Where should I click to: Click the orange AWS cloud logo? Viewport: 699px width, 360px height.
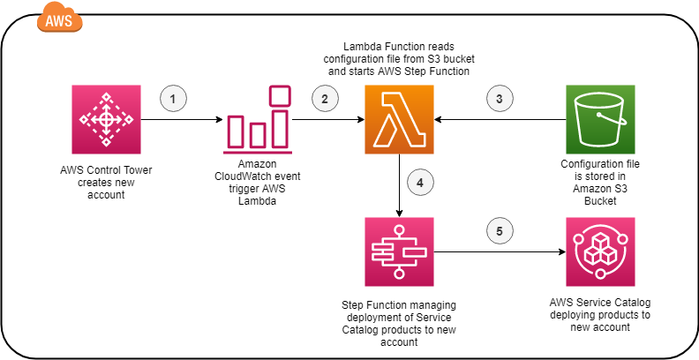click(x=59, y=19)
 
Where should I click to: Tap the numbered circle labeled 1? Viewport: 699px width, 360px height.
click(x=173, y=98)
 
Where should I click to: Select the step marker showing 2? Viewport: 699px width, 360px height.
click(x=325, y=98)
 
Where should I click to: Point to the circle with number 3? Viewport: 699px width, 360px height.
click(x=500, y=98)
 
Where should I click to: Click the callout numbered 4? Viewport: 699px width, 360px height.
click(x=420, y=182)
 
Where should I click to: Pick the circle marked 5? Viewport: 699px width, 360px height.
click(x=500, y=230)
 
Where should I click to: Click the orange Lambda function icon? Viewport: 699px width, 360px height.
click(x=399, y=119)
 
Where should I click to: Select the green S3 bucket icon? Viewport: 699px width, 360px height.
click(x=600, y=119)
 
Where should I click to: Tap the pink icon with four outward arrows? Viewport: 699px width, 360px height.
click(x=106, y=119)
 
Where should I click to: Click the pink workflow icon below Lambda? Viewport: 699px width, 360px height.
click(x=399, y=251)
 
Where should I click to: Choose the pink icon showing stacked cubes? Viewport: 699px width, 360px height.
click(x=600, y=251)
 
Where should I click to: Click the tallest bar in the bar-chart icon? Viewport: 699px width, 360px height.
click(x=280, y=129)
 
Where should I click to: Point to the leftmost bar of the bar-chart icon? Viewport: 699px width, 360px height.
click(x=236, y=131)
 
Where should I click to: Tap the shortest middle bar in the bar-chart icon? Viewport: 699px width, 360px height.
click(x=258, y=135)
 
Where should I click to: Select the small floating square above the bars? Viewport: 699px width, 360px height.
click(x=280, y=95)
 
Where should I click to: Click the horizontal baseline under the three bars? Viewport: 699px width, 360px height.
click(x=258, y=153)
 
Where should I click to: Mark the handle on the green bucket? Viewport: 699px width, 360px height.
click(x=613, y=117)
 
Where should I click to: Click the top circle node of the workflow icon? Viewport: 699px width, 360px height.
click(x=399, y=230)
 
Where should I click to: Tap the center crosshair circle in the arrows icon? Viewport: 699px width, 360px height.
click(x=106, y=119)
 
